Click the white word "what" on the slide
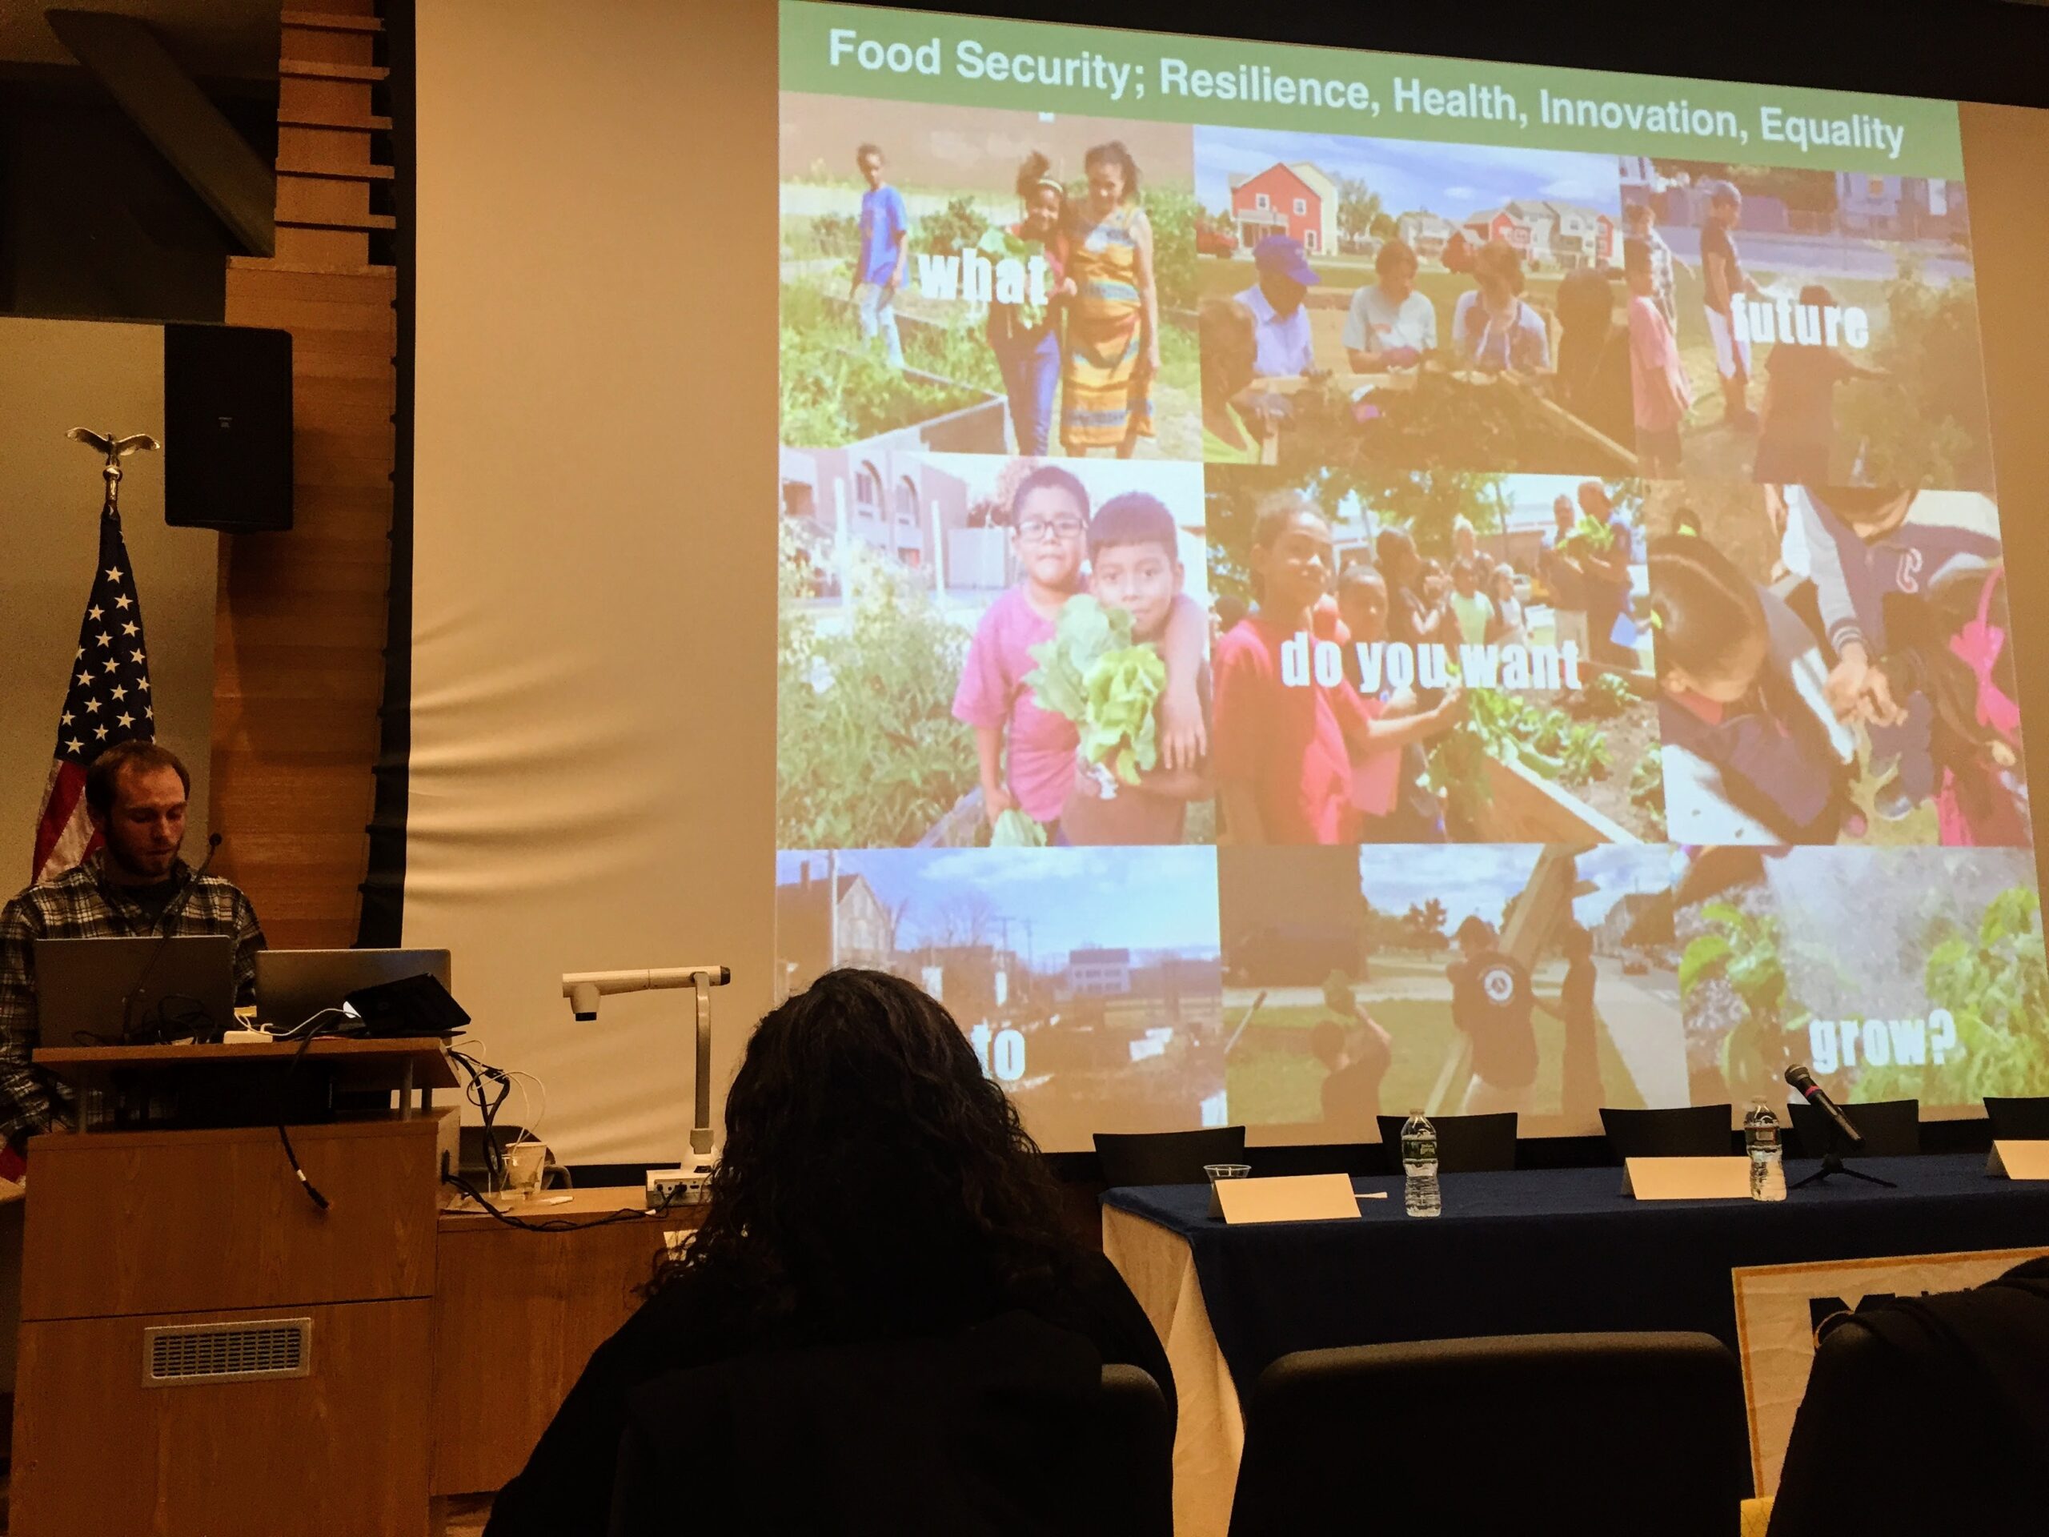[x=983, y=276]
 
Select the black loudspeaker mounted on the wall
[x=228, y=427]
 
